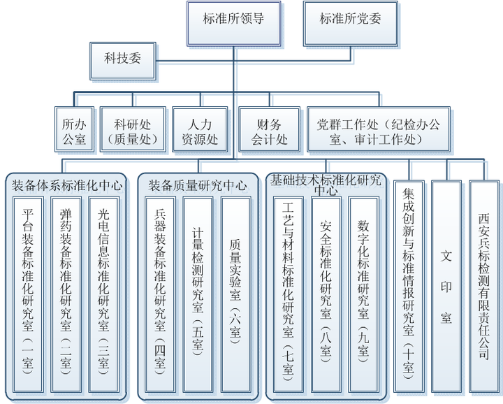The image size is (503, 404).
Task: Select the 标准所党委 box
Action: (x=351, y=21)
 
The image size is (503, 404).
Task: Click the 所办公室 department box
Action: (x=74, y=131)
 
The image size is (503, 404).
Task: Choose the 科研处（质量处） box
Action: (x=132, y=131)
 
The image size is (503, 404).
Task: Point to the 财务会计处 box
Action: (x=270, y=131)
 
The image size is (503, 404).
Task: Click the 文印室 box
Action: (x=446, y=287)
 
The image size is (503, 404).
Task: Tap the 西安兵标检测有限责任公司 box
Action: (x=484, y=287)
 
